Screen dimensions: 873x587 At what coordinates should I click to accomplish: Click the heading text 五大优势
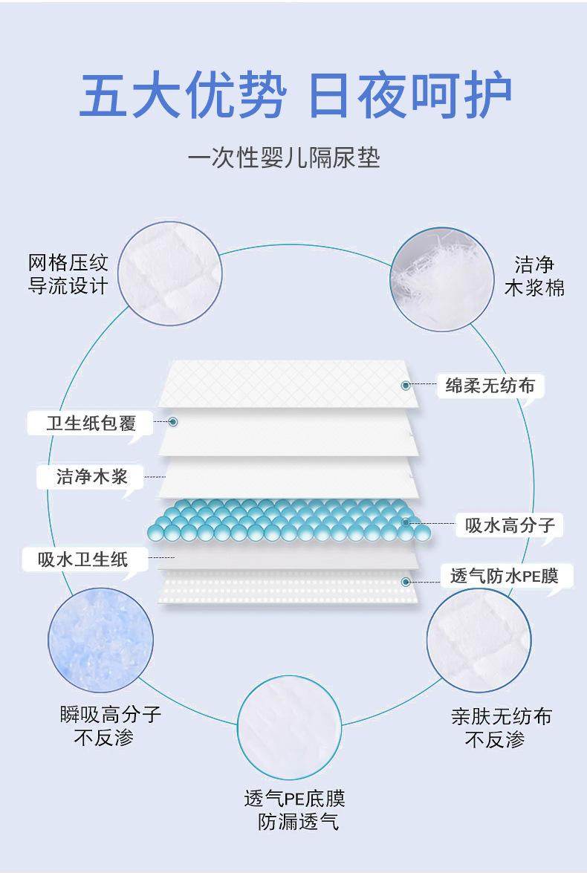tap(181, 95)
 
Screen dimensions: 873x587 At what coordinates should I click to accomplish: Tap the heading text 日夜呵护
tap(409, 95)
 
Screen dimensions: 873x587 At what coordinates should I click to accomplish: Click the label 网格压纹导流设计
tap(68, 275)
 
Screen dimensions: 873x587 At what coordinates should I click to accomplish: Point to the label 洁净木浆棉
tap(534, 276)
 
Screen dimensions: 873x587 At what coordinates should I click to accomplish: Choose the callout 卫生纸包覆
tap(91, 423)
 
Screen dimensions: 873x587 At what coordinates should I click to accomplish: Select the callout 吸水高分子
tap(510, 525)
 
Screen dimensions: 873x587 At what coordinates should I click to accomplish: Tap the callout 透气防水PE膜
tap(505, 575)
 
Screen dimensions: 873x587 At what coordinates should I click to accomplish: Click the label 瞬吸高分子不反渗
tap(111, 726)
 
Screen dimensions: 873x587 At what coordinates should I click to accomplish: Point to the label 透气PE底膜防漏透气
tap(295, 810)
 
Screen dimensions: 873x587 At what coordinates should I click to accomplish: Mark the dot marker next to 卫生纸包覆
tap(173, 421)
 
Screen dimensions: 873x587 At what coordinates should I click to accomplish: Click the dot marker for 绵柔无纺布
tap(406, 386)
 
